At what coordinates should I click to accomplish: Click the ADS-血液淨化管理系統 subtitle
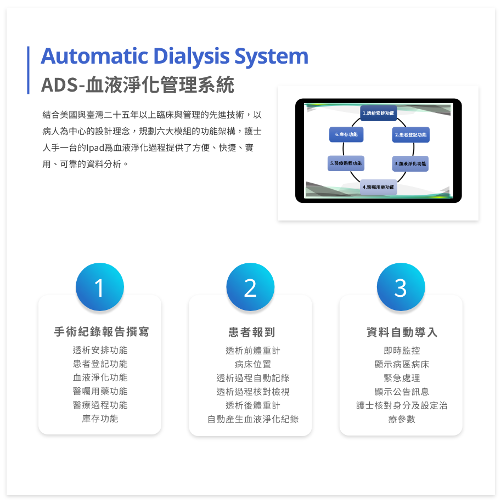coord(138,85)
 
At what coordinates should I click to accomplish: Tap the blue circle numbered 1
coord(99,287)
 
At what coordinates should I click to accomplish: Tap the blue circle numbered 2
coord(250,287)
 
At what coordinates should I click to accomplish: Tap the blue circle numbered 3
coord(401,287)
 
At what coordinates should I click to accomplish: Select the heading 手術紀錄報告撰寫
coord(102,332)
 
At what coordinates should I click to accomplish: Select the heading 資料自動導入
coord(402,332)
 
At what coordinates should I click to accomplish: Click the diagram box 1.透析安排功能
coord(379,114)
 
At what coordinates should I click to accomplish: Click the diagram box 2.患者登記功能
coord(410,134)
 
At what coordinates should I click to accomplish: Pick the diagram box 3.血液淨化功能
coord(410,163)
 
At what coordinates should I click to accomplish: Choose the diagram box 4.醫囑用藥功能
coord(379,187)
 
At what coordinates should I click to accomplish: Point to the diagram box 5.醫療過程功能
coord(346,163)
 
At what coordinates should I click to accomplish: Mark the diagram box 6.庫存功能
coord(346,134)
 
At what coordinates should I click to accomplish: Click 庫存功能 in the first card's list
coord(100,419)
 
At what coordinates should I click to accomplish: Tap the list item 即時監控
coord(402,351)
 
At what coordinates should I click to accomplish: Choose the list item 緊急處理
coord(402,378)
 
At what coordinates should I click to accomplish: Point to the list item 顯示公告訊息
coord(402,392)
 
